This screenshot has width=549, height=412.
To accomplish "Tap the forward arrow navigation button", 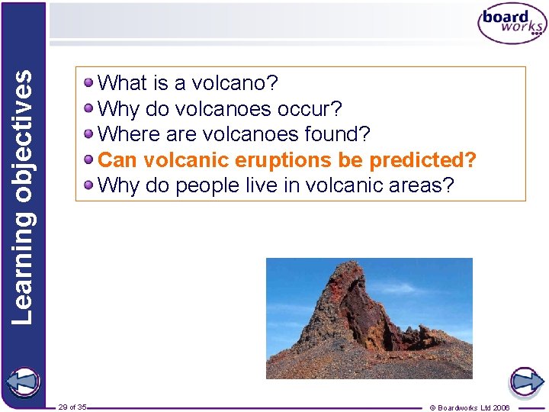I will (526, 380).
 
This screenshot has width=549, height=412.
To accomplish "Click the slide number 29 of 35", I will (72, 407).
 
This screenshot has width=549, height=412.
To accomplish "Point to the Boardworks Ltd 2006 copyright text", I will (470, 407).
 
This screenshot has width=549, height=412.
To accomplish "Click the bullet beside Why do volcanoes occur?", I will (90, 108).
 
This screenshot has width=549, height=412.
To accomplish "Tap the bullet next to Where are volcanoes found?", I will (90, 134).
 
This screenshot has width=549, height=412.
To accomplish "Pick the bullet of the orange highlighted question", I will (90, 160).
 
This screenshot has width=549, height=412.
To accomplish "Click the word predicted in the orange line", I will (422, 161).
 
